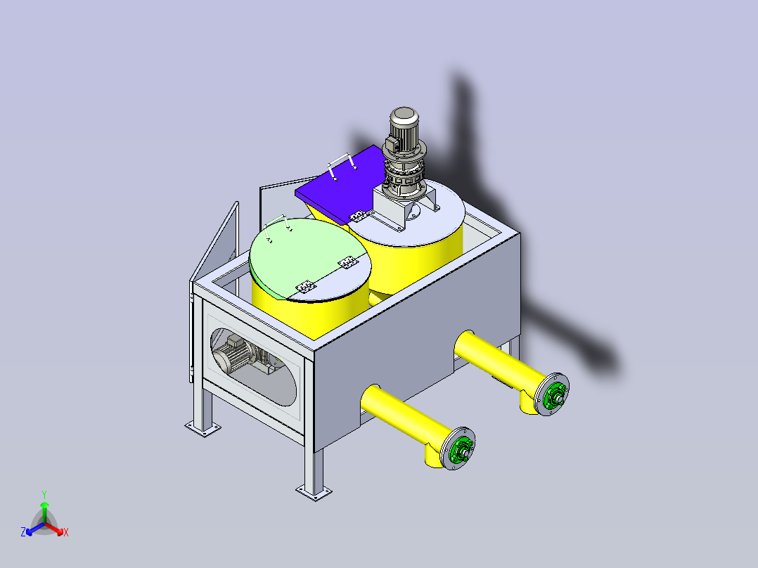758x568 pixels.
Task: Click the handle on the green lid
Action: [278, 224]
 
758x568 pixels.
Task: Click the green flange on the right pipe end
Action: [553, 394]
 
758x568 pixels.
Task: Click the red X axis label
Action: [66, 533]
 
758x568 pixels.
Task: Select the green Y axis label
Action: [44, 494]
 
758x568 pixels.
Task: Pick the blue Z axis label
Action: [23, 532]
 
